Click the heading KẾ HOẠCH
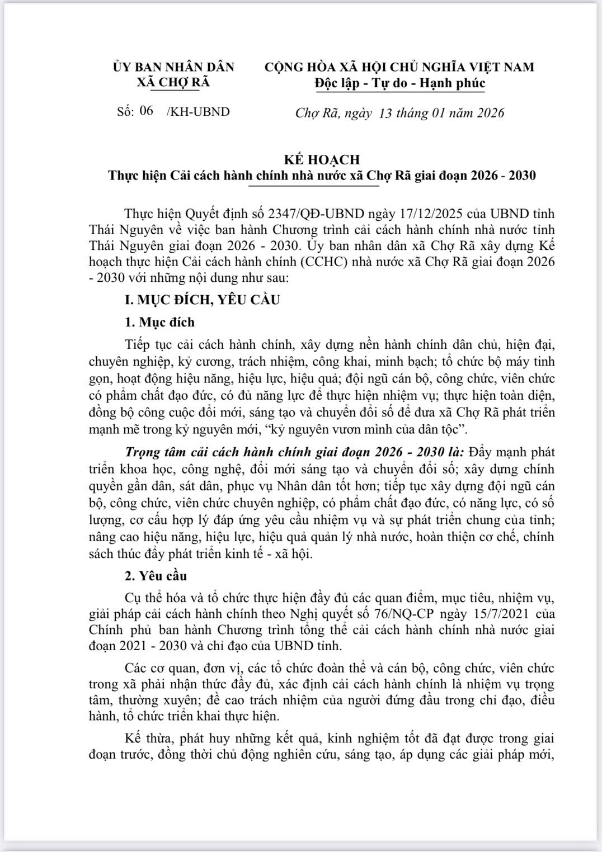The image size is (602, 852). (322, 159)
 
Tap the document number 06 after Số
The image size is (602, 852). (146, 111)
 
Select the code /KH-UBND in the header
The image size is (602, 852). (199, 112)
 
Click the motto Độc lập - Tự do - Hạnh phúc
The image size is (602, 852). (399, 83)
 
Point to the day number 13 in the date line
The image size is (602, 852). (385, 113)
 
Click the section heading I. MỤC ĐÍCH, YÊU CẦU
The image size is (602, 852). (202, 300)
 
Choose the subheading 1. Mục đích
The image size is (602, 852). (159, 322)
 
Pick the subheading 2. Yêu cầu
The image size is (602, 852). (156, 576)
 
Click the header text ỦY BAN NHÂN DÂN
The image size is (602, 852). (173, 67)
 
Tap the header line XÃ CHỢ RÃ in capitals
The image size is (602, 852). (173, 82)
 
